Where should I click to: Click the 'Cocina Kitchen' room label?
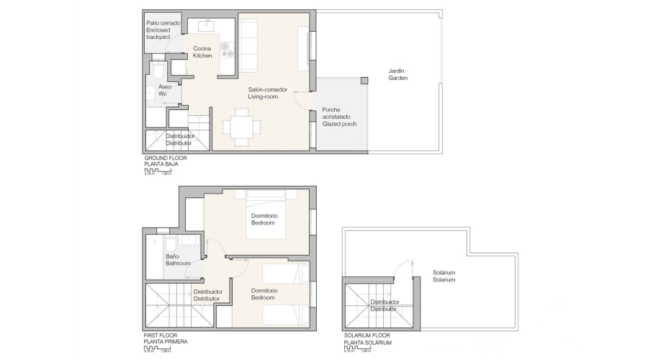pos(202,52)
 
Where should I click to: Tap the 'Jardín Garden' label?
pos(397,74)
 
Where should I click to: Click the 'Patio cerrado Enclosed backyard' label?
pos(163,30)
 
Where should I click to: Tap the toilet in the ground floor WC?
pos(158,70)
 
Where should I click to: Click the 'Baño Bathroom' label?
pos(178,260)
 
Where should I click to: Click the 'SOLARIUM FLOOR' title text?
pos(367,336)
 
